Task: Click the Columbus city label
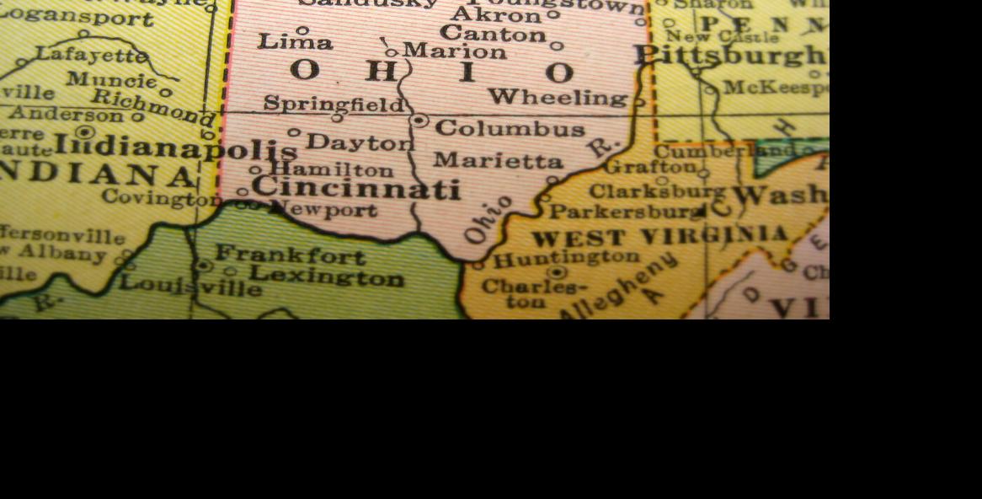(510, 129)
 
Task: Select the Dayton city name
(360, 142)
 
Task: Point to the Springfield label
(334, 104)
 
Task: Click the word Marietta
(499, 160)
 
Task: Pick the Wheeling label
(558, 98)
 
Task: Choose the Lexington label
(327, 276)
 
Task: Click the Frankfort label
(291, 255)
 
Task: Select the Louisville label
(190, 284)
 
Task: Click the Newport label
(327, 210)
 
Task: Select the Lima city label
(295, 41)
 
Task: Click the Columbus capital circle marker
(419, 121)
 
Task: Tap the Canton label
(493, 35)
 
